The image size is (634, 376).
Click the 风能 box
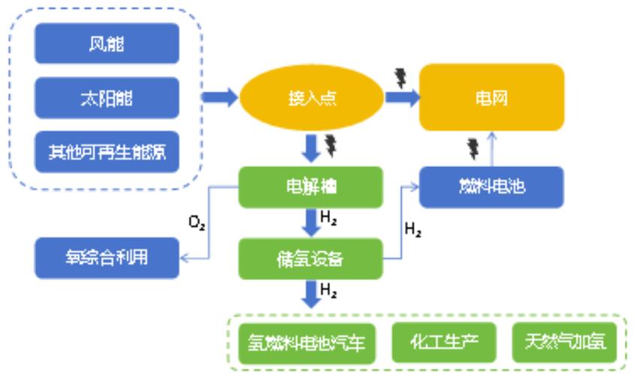click(107, 44)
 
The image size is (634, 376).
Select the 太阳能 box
click(107, 98)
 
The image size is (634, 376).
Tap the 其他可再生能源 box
click(107, 152)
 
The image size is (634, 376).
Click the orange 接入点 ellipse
click(311, 99)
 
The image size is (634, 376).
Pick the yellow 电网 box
click(491, 98)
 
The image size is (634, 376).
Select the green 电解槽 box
click(311, 187)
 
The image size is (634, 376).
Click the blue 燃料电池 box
click(491, 187)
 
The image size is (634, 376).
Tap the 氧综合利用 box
click(107, 258)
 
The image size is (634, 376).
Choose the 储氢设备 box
click(311, 258)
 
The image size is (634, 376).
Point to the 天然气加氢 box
click(564, 343)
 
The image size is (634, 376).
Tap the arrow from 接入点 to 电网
click(401, 98)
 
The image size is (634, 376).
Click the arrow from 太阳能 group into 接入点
click(218, 98)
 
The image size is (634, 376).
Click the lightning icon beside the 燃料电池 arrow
click(472, 148)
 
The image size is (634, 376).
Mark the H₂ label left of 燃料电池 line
click(412, 230)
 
